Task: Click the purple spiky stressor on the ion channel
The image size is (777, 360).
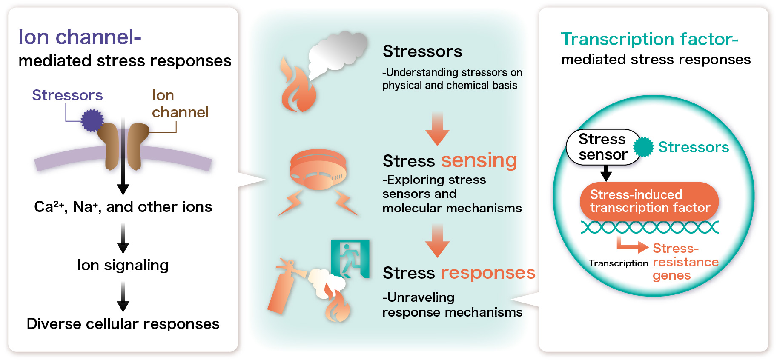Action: click(x=92, y=120)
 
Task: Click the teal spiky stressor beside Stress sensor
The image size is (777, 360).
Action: click(x=643, y=147)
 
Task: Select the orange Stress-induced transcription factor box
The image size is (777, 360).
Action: click(x=649, y=201)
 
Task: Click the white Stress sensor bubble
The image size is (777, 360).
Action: click(x=603, y=147)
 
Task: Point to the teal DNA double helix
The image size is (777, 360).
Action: click(x=650, y=227)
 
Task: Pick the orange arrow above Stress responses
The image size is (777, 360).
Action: click(x=437, y=241)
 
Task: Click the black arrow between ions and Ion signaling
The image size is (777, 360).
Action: click(x=123, y=238)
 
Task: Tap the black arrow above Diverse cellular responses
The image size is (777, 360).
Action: click(x=123, y=297)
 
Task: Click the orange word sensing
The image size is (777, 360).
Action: click(x=479, y=161)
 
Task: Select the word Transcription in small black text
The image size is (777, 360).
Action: click(x=618, y=263)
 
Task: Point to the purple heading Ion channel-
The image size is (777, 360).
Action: click(x=80, y=37)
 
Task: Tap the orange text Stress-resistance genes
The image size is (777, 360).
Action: click(x=685, y=262)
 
